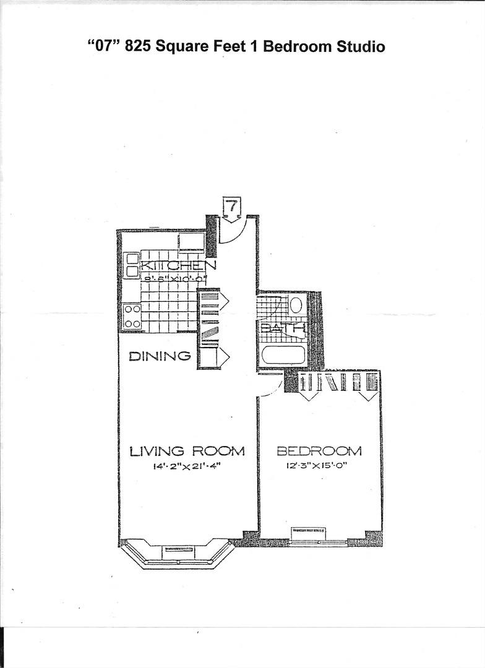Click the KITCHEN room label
(x=179, y=265)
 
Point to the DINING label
(x=160, y=356)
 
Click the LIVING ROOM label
(x=187, y=451)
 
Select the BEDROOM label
(x=319, y=451)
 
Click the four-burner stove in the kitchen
(x=132, y=316)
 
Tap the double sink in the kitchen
(x=132, y=265)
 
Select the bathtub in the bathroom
(x=283, y=355)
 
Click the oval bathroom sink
(x=296, y=305)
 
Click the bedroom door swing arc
(x=271, y=387)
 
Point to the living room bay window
(x=177, y=554)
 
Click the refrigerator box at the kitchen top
(x=192, y=241)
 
